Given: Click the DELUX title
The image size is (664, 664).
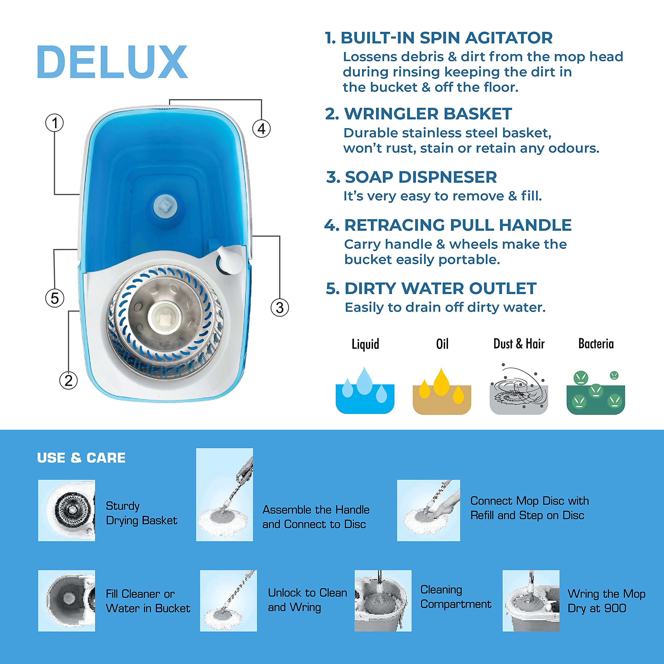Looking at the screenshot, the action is tap(112, 62).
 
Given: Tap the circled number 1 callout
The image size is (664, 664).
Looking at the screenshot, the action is tap(55, 123).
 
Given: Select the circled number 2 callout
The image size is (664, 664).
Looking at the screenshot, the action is tap(68, 381).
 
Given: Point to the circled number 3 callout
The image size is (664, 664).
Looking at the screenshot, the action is tap(280, 307).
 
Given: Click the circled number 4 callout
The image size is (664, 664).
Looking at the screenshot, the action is tap(261, 129).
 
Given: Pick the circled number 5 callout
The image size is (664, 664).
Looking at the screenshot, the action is tap(55, 298).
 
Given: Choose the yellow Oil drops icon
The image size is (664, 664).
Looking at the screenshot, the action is tap(442, 391).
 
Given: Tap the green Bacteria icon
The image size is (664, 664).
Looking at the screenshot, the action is tap(596, 392).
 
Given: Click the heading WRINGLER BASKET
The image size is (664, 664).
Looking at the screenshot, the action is tap(428, 114).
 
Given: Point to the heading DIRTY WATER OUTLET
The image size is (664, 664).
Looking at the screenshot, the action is tap(440, 288).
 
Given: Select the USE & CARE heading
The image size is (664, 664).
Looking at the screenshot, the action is tap(81, 458).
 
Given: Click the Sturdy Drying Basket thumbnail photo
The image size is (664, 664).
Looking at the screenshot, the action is tap(66, 510).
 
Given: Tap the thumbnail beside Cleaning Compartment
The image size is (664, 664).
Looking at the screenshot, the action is tap(383, 601).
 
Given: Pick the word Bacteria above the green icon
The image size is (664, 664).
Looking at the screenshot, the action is tap(596, 344).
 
